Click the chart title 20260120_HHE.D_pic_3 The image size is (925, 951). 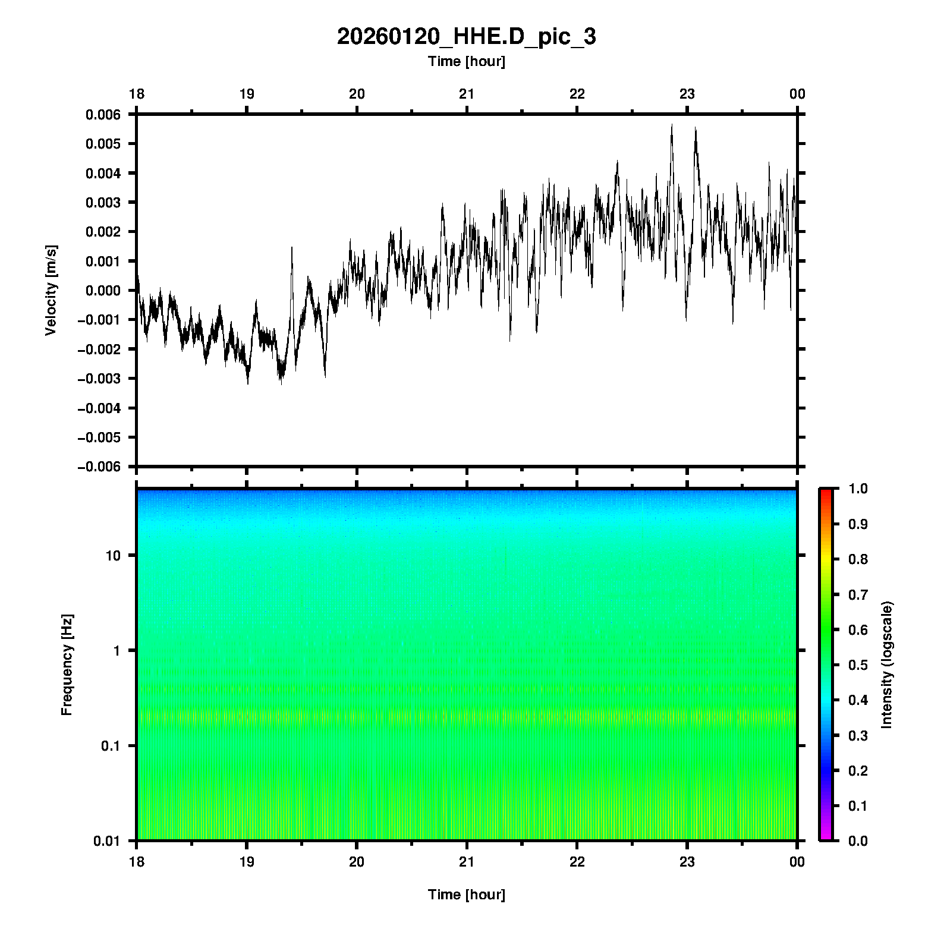466,37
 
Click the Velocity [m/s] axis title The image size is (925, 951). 51,290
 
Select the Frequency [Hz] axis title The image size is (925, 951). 67,665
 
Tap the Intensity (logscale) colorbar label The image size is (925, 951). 887,665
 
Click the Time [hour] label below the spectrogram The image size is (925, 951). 466,895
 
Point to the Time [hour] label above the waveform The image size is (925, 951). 466,61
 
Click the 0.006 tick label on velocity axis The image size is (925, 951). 103,115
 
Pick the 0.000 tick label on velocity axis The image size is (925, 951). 103,291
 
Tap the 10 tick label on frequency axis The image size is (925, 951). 113,556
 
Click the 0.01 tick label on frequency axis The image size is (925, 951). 107,841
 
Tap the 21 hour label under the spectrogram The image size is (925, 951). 467,862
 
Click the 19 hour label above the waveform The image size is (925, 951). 247,94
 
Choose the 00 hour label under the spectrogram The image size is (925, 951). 797,862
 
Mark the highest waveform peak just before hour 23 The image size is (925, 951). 672,125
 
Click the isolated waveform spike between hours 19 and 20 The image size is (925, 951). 292,248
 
